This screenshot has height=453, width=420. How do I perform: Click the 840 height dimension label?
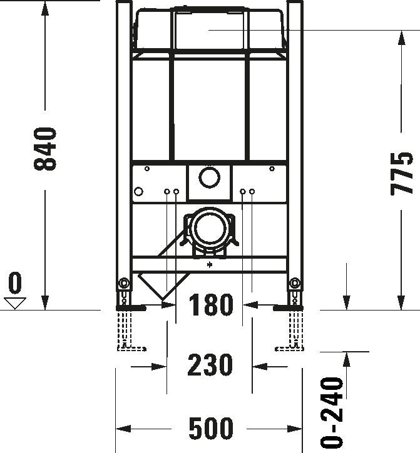tap(46, 149)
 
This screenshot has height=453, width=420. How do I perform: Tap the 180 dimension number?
tap(210, 306)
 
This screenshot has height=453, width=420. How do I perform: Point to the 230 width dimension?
tap(210, 365)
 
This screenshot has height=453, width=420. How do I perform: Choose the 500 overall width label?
tap(210, 429)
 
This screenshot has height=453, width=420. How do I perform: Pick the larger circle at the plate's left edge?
tap(139, 191)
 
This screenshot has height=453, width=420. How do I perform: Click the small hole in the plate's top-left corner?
tap(146, 169)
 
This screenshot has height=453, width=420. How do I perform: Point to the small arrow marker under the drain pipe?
tap(209, 265)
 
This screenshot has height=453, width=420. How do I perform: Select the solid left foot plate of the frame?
tap(131, 307)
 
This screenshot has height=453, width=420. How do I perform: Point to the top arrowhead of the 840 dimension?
tap(46, 7)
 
